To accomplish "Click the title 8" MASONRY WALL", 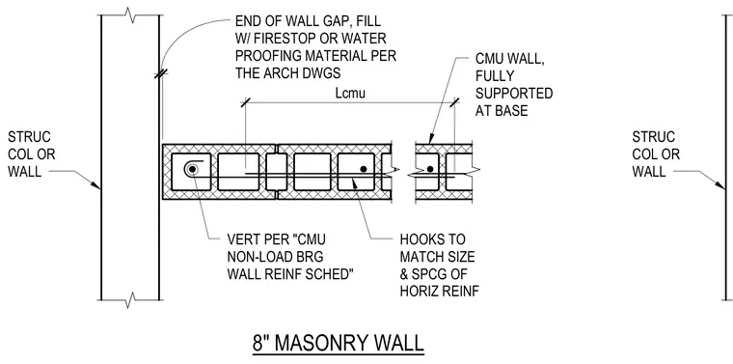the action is [x=338, y=343].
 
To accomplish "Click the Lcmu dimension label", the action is [x=350, y=93].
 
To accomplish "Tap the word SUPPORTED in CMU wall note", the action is [x=514, y=93].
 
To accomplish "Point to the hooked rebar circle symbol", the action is [x=192, y=168].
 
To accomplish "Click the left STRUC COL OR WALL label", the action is [x=31, y=154].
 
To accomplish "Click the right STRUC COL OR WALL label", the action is [x=656, y=154].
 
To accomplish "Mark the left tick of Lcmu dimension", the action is [x=245, y=102].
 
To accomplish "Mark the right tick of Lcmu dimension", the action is [x=453, y=102].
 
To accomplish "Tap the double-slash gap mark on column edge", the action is [x=161, y=73].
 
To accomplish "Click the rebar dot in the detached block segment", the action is [x=430, y=169].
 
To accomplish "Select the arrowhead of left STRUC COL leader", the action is [x=95, y=185].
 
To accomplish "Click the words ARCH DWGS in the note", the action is [x=306, y=73].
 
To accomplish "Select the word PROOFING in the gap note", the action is [x=267, y=56].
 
